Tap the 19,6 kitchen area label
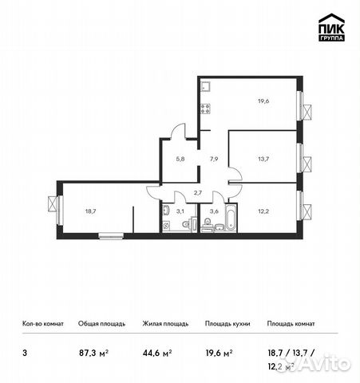click(263, 101)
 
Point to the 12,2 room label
click(263, 211)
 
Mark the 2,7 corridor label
click(199, 193)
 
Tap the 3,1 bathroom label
click(180, 211)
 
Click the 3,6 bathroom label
click(213, 211)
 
